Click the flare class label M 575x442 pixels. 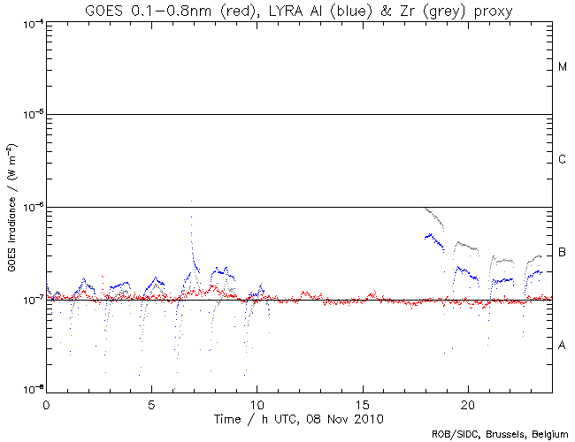pos(562,67)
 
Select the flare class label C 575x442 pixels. pos(562,160)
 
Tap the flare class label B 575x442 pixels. pos(562,254)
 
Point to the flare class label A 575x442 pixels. pos(562,346)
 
